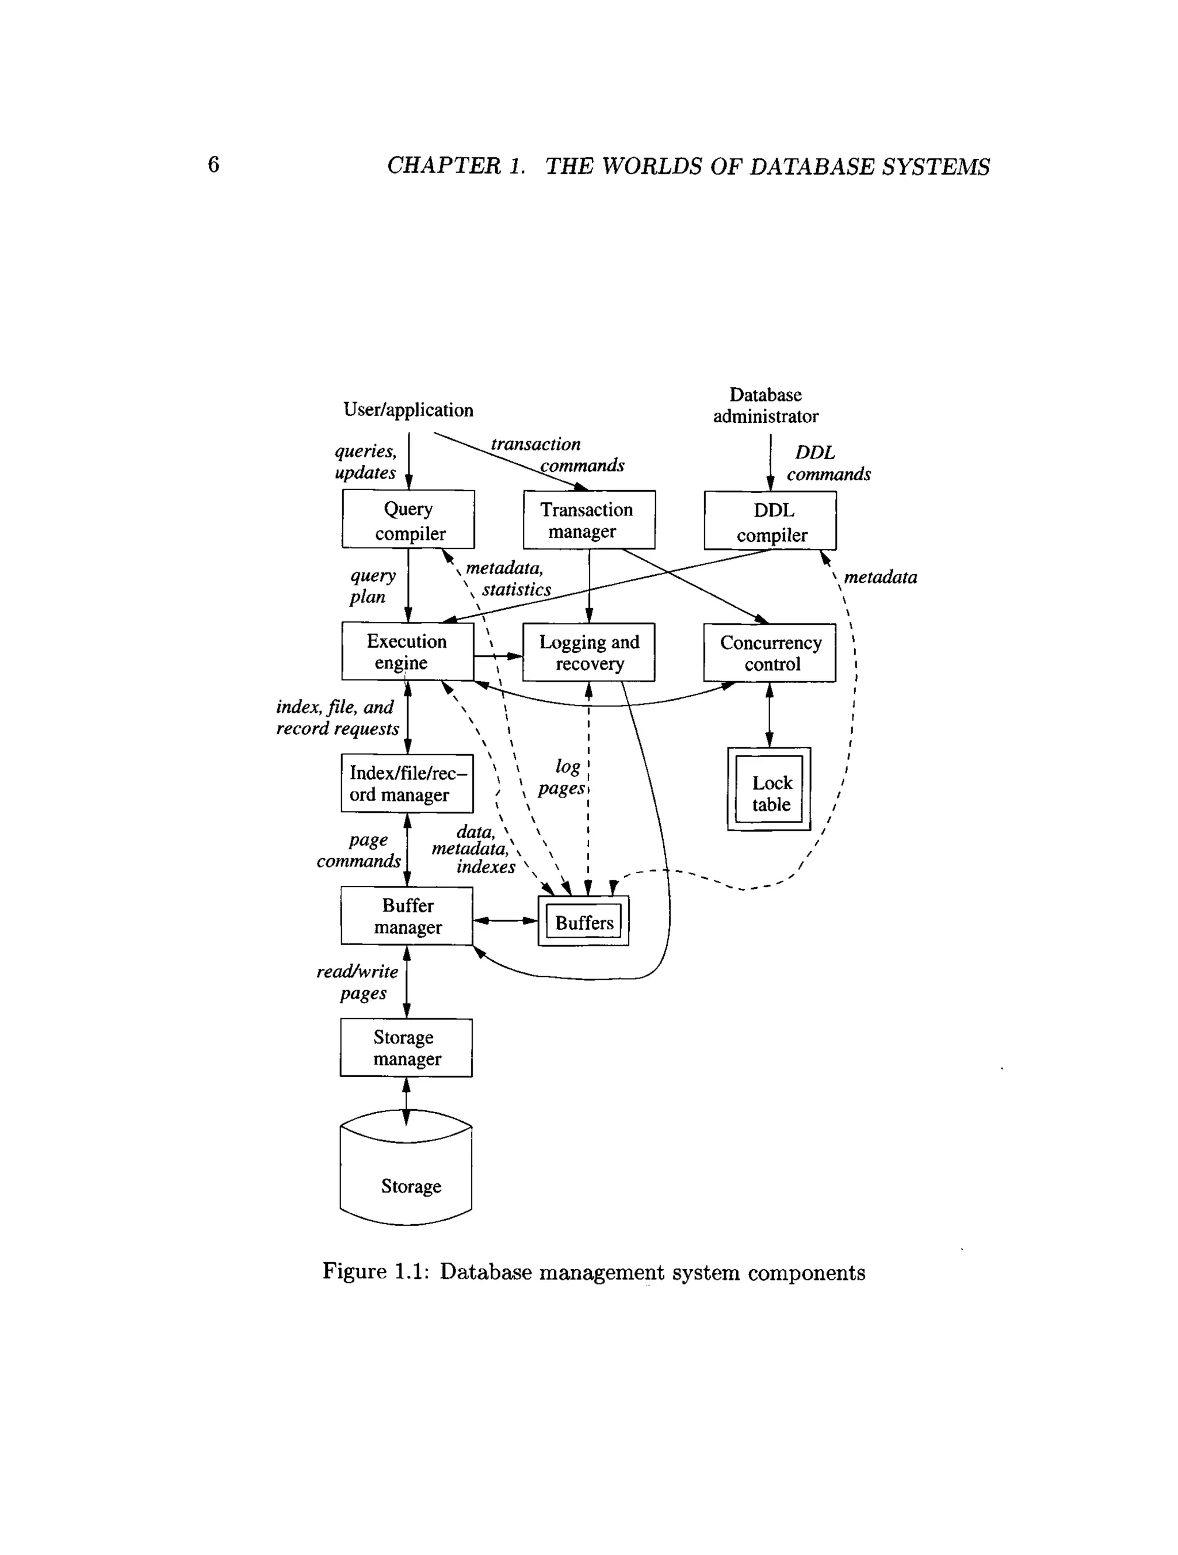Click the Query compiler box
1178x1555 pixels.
click(x=408, y=519)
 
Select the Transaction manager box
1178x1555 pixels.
click(x=589, y=519)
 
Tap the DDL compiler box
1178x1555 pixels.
click(x=770, y=520)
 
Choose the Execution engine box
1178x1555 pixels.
click(x=408, y=651)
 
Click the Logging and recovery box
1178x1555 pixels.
click(x=589, y=652)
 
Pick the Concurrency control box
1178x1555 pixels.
click(x=770, y=652)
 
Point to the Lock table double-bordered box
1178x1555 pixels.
click(x=770, y=789)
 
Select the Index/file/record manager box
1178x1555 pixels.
click(x=407, y=783)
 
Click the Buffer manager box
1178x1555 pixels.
click(x=407, y=915)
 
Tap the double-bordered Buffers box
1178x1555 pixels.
click(x=583, y=921)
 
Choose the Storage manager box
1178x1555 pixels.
click(x=406, y=1048)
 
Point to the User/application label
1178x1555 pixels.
click(x=408, y=410)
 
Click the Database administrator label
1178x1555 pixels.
click(x=766, y=406)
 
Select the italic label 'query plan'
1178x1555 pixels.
click(x=373, y=586)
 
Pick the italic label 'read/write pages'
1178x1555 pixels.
click(x=358, y=981)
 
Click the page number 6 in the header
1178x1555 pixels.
click(x=213, y=165)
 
